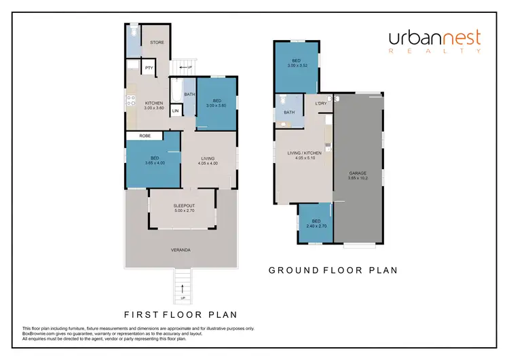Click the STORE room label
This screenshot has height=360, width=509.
pyautogui.click(x=157, y=43)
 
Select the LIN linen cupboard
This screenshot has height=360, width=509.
pyautogui.click(x=175, y=111)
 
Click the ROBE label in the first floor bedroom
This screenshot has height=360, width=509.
pyautogui.click(x=145, y=136)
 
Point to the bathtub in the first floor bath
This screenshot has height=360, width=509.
pyautogui.click(x=176, y=90)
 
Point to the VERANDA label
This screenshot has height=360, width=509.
pyautogui.click(x=181, y=250)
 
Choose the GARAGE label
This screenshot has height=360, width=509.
pyautogui.click(x=358, y=173)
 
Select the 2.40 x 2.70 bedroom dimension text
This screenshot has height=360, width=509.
pyautogui.click(x=316, y=226)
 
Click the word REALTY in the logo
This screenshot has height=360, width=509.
pyautogui.click(x=434, y=51)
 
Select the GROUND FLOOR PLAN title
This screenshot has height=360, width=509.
pyautogui.click(x=333, y=270)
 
